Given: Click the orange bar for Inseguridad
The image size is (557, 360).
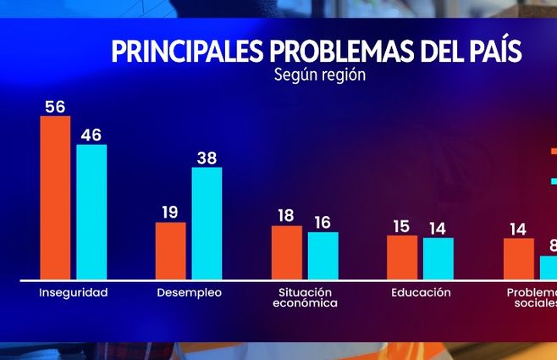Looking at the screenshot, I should tap(56, 197).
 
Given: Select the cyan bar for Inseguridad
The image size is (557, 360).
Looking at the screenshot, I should tap(92, 212).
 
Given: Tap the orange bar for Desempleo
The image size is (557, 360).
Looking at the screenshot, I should tap(171, 251).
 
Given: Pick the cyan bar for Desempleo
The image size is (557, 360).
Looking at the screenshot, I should tap(207, 223).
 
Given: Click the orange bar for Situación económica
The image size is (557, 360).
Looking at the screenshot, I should tap(286, 252).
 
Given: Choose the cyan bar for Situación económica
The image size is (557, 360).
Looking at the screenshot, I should tap(323, 255).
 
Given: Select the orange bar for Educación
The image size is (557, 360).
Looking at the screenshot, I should tap(402, 257).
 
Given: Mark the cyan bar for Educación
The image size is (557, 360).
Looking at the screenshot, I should tap(438, 258).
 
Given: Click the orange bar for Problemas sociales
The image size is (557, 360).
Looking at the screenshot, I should tap(519, 258).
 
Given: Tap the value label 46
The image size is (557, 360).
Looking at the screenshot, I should tap(91, 134).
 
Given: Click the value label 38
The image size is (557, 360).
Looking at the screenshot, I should tap(207, 157).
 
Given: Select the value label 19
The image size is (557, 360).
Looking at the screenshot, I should tap(170, 212).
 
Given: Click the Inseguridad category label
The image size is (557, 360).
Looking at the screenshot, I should tap(74, 293).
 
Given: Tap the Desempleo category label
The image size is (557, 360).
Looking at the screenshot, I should tap(190, 293).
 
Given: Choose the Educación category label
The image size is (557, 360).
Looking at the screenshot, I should tap(421, 293).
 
